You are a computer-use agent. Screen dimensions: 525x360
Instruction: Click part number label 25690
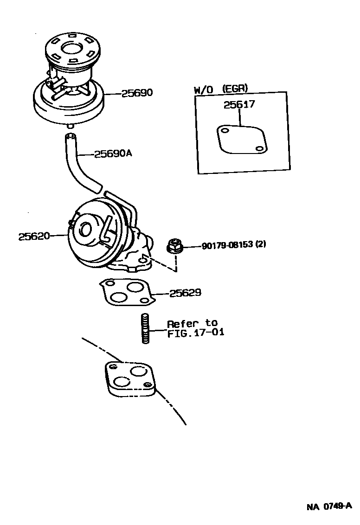coord(137,93)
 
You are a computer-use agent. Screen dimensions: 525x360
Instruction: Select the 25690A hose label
coord(113,154)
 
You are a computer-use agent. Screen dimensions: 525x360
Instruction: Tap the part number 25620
coord(34,236)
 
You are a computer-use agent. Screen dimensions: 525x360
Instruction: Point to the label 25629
coord(185,293)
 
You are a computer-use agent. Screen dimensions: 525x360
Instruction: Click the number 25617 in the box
coord(239,104)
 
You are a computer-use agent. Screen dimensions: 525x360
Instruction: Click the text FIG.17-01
coord(196,333)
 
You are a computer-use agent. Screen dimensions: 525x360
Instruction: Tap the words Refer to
coord(192,323)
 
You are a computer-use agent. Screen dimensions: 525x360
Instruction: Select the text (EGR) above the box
coord(235,88)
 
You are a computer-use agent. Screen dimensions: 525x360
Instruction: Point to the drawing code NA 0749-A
coord(329,506)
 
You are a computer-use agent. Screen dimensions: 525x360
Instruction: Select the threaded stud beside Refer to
coord(144,328)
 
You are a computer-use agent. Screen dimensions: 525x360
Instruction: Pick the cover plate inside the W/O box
coord(241,139)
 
